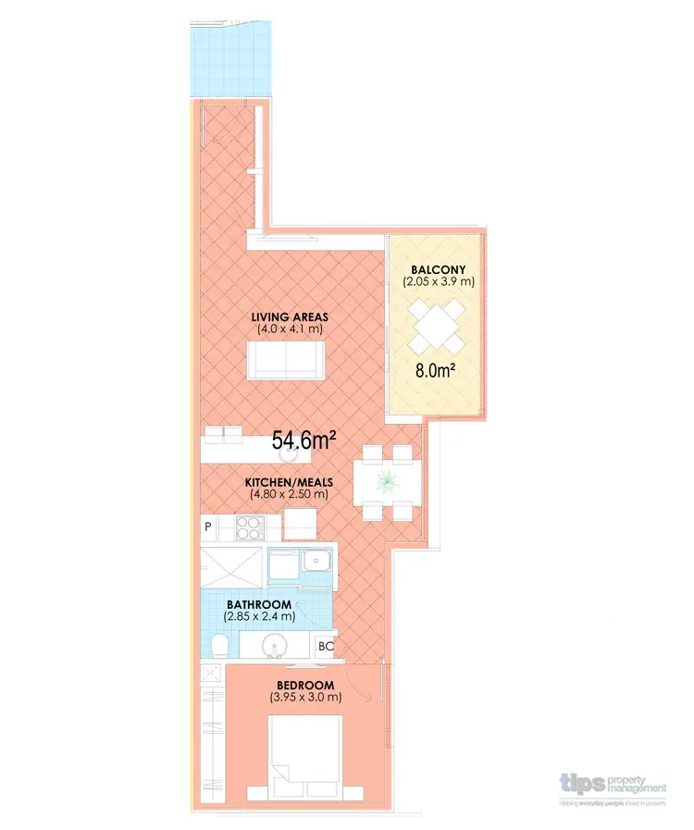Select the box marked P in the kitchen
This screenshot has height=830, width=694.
(x=208, y=527)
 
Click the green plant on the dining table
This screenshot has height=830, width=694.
(x=386, y=479)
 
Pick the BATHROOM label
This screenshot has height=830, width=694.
(x=258, y=605)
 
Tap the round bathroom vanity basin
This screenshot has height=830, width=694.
(x=276, y=644)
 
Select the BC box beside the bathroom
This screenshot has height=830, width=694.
(x=326, y=646)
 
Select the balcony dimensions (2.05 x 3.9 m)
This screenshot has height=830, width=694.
(x=438, y=281)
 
